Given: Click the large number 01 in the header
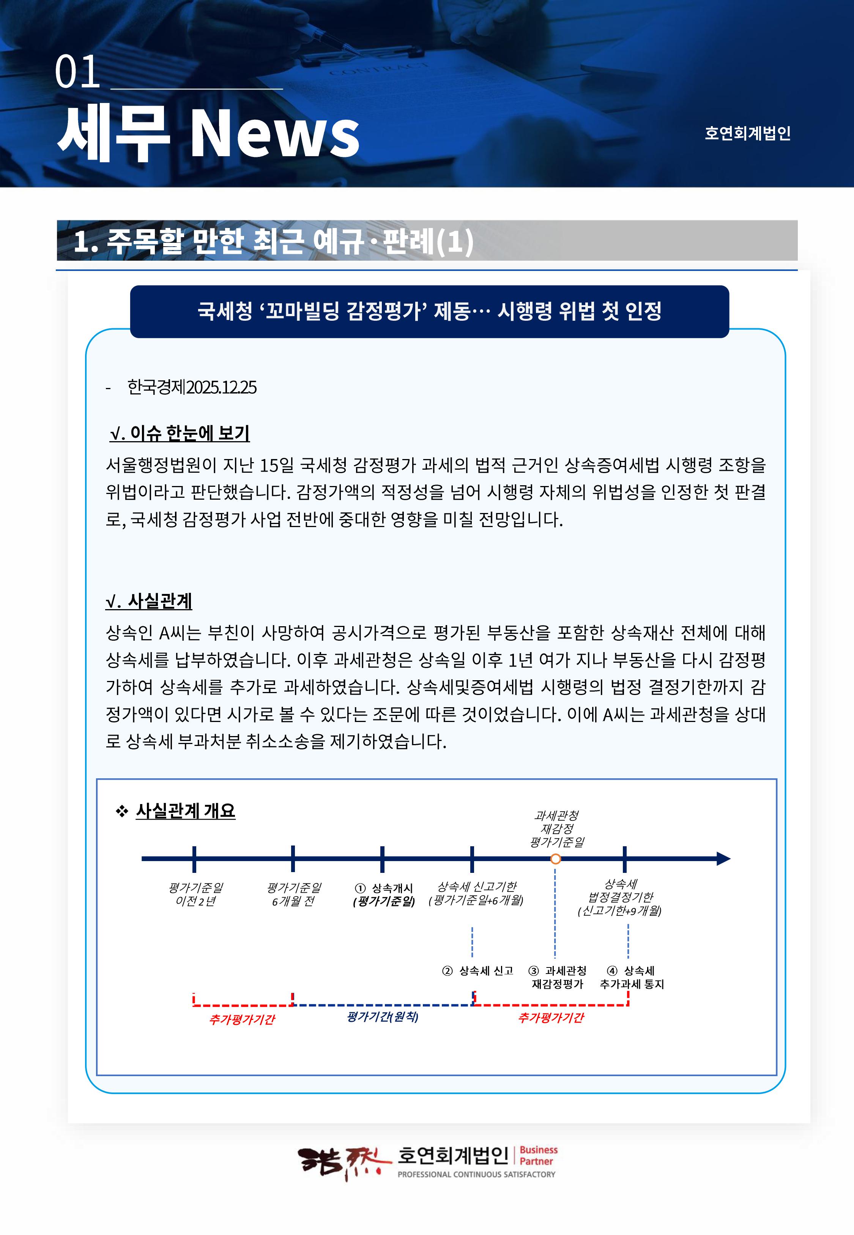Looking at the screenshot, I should (x=77, y=72).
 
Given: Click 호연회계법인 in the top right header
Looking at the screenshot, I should (x=747, y=133).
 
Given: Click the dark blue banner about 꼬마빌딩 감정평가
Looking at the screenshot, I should (x=429, y=311).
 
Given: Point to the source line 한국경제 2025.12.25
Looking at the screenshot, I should (x=192, y=387).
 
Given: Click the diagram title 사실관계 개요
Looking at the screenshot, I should (x=185, y=811).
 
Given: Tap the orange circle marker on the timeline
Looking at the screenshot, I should (x=555, y=859).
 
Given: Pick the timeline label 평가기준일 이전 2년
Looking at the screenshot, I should (x=195, y=895).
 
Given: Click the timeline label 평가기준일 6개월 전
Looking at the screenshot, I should (x=294, y=895).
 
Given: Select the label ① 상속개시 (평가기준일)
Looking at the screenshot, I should (x=384, y=895).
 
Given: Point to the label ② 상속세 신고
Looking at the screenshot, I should (x=478, y=971).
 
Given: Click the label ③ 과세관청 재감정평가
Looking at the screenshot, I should (x=557, y=977).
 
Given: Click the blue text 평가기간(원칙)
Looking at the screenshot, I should (x=382, y=1016).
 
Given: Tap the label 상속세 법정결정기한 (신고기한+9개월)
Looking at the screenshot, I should (x=620, y=897).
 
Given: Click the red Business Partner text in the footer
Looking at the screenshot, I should (x=538, y=1155).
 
